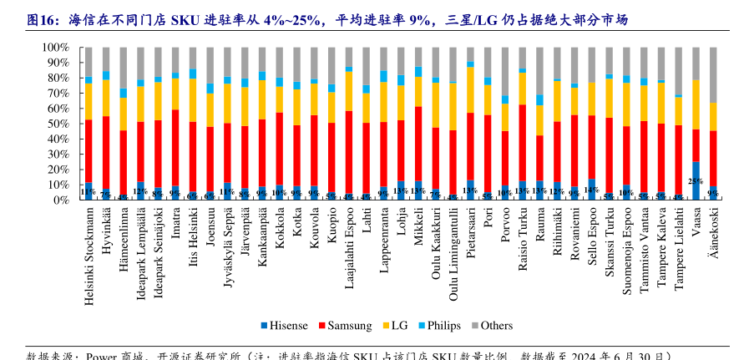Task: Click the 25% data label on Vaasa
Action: point(696,180)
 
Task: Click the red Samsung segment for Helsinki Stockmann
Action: point(89,151)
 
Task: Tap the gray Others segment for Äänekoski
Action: point(713,75)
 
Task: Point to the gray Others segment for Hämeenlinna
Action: point(124,67)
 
